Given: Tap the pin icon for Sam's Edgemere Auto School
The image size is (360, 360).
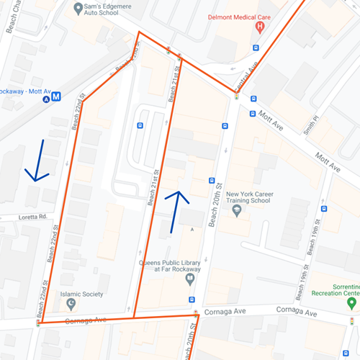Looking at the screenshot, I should tap(77, 9).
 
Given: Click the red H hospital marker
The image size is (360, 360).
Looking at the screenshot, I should tap(260, 27).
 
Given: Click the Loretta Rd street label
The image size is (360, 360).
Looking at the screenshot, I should tap(32, 216).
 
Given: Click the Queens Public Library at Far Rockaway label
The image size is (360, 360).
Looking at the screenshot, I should tap(168, 266).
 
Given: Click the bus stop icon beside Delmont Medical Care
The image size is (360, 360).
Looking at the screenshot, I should tap(255, 48).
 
